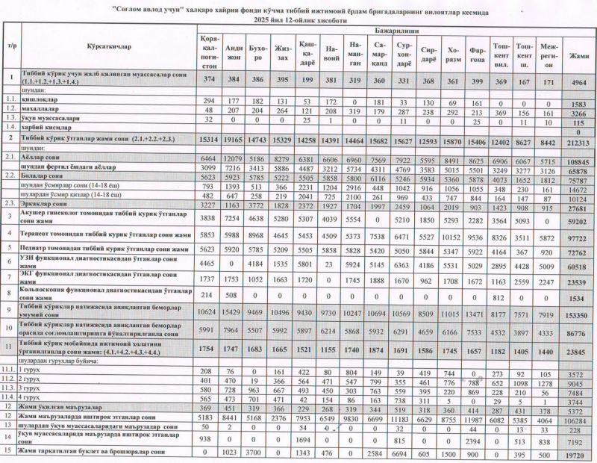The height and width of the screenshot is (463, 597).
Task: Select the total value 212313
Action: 576,139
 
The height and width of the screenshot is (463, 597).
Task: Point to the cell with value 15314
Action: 208,139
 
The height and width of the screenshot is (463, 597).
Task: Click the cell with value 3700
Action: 259,453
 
